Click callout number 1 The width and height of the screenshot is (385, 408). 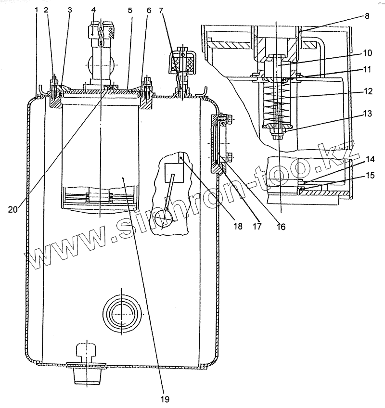click(x=37, y=10)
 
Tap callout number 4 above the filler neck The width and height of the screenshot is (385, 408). click(x=93, y=10)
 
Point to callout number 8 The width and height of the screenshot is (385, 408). click(x=367, y=15)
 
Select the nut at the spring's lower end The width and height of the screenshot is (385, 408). click(x=277, y=128)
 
